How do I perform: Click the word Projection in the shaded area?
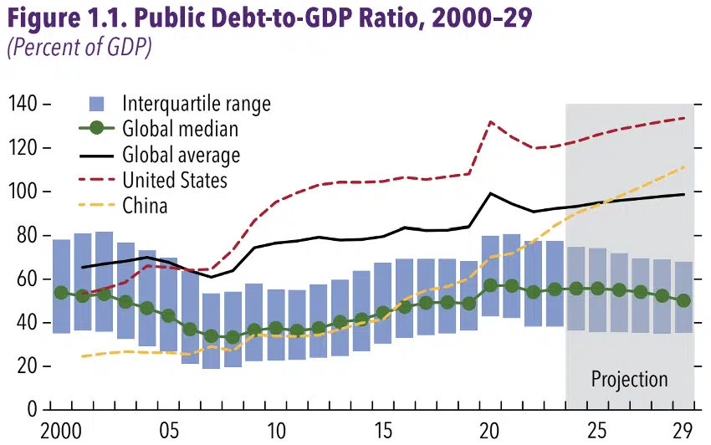click(629, 379)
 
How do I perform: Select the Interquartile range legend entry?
click(196, 104)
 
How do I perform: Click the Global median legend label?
click(180, 129)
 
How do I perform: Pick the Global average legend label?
click(181, 155)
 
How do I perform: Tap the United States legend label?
click(175, 180)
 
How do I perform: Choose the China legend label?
click(145, 205)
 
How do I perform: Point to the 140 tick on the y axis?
click(25, 104)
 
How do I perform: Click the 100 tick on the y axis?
click(25, 192)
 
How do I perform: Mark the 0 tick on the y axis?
click(33, 410)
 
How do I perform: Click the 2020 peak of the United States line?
click(491, 122)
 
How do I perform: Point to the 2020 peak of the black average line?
click(491, 194)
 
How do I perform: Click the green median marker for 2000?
click(61, 293)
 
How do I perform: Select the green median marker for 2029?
click(683, 300)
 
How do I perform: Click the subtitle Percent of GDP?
click(79, 48)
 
